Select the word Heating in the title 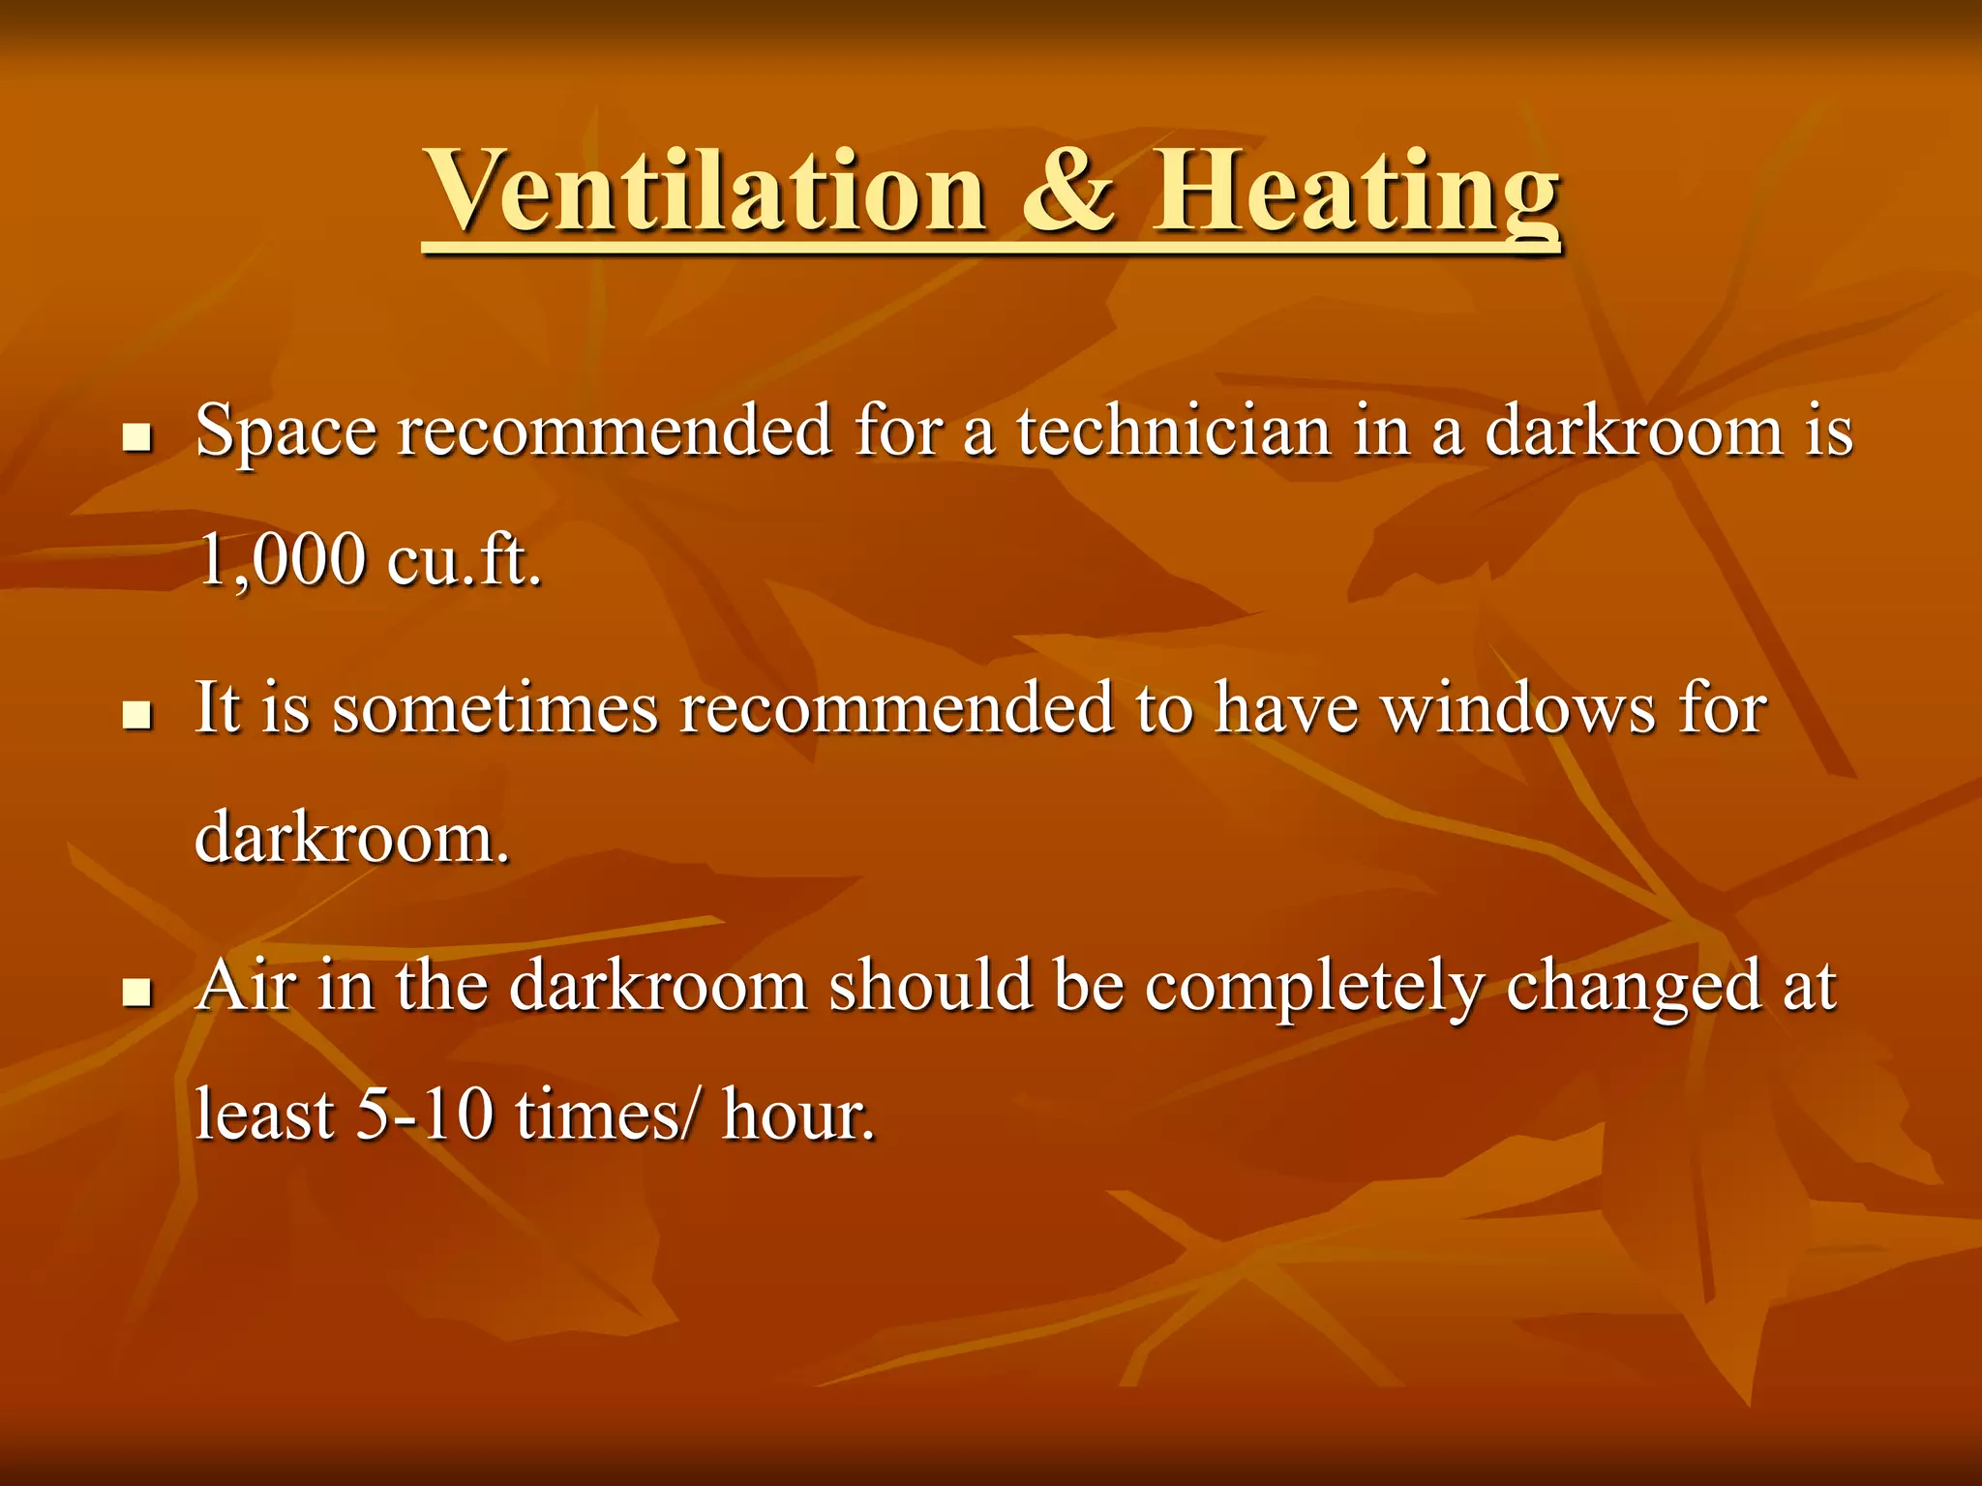(x=1355, y=193)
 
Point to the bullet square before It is (x=137, y=716)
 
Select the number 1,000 (x=282, y=561)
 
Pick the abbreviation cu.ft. (x=465, y=561)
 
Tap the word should (x=930, y=987)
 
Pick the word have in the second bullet (x=1286, y=709)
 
